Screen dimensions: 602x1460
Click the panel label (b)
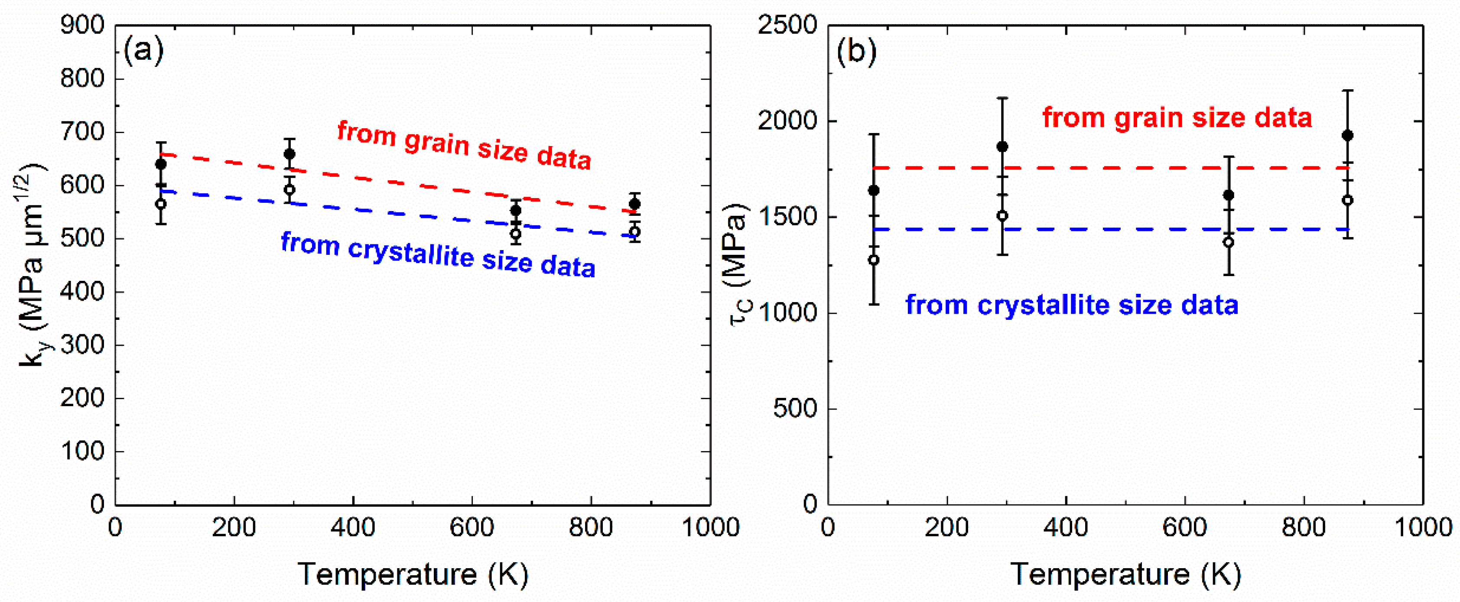click(856, 52)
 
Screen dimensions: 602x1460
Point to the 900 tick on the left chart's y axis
click(83, 25)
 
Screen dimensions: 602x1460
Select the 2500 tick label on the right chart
click(787, 25)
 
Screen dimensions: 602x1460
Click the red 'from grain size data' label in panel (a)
click(464, 145)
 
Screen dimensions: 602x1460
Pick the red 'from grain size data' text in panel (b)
click(1177, 118)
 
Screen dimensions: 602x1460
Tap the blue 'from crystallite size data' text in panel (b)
click(1072, 305)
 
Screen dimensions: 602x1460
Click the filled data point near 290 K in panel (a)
click(289, 154)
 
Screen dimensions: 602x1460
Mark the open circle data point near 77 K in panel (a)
click(161, 204)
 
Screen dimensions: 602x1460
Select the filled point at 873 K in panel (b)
click(1348, 136)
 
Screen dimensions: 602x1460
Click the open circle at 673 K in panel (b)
click(1228, 242)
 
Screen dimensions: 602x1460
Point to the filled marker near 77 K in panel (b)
click(874, 190)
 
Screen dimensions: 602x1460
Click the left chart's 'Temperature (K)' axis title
click(413, 574)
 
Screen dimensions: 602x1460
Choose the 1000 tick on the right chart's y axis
click(787, 313)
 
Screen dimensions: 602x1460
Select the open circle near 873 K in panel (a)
click(635, 231)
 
